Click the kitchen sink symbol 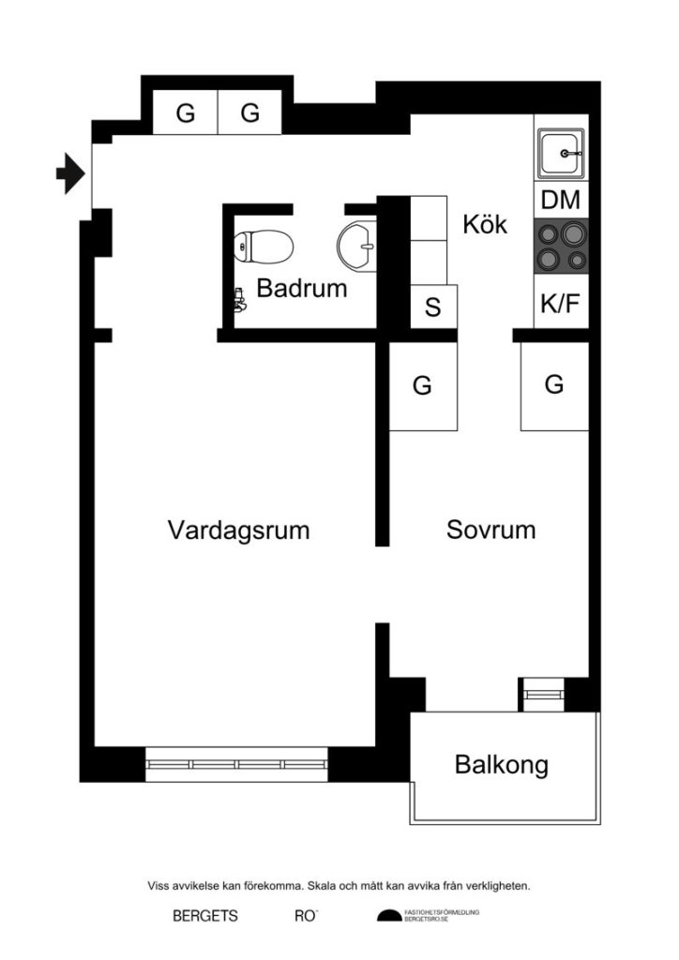click(561, 154)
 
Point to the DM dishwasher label click(561, 201)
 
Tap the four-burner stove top click(561, 247)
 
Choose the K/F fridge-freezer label click(561, 303)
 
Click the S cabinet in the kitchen click(432, 307)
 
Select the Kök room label click(485, 225)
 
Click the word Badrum click(301, 289)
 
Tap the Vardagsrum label click(238, 530)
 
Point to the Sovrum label click(490, 530)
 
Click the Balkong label click(501, 765)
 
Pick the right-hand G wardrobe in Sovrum click(554, 385)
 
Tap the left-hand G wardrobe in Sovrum click(422, 385)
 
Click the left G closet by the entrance click(185, 113)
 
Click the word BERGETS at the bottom click(204, 917)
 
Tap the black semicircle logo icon click(388, 917)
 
